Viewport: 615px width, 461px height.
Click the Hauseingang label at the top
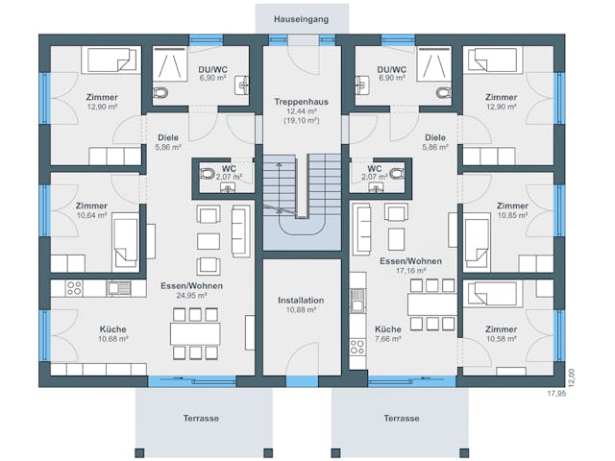click(x=302, y=17)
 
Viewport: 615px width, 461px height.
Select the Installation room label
click(x=302, y=301)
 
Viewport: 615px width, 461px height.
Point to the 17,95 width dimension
click(x=557, y=394)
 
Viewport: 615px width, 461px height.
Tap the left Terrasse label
click(x=202, y=419)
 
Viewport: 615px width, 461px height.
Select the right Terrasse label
click(x=401, y=419)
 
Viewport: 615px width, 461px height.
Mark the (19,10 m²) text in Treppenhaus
click(x=302, y=122)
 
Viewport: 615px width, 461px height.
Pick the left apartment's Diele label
click(x=168, y=137)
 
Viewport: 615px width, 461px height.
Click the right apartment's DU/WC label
click(x=391, y=69)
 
